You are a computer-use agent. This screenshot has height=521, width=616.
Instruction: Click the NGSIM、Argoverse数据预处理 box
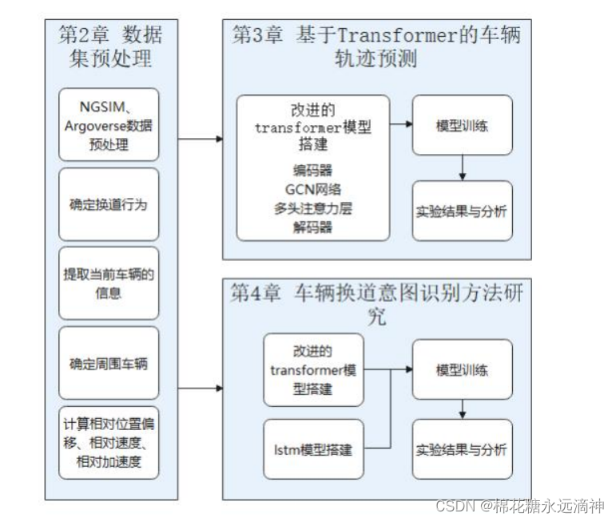pos(109,125)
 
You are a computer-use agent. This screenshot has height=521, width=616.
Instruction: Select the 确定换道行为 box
pos(109,204)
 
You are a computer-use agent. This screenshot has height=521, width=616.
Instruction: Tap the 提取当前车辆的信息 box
pos(109,283)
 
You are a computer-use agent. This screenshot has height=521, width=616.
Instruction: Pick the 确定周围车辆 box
pos(109,363)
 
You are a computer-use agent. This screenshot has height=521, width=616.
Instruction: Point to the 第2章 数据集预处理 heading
pos(110,46)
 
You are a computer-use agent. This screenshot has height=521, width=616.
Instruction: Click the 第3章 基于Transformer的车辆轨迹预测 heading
pos(376,46)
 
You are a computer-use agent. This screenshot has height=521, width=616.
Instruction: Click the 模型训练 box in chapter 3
pos(462,125)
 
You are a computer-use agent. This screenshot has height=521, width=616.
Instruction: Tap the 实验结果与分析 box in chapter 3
pos(462,211)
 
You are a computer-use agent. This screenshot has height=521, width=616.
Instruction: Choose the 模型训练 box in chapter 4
pos(462,369)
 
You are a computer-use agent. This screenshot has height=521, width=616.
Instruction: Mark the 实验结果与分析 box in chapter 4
pos(462,449)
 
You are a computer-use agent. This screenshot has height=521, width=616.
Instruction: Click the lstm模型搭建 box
pos(312,449)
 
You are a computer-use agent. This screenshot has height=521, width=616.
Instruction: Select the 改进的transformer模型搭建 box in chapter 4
pos(312,369)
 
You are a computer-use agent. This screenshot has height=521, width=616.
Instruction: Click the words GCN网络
pos(312,189)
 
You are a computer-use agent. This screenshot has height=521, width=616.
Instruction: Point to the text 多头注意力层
pos(312,208)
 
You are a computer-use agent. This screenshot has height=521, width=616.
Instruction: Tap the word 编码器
pos(312,170)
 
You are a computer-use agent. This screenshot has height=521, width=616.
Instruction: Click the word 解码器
pos(312,227)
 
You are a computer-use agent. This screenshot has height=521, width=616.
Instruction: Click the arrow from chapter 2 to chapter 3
pos(200,139)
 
